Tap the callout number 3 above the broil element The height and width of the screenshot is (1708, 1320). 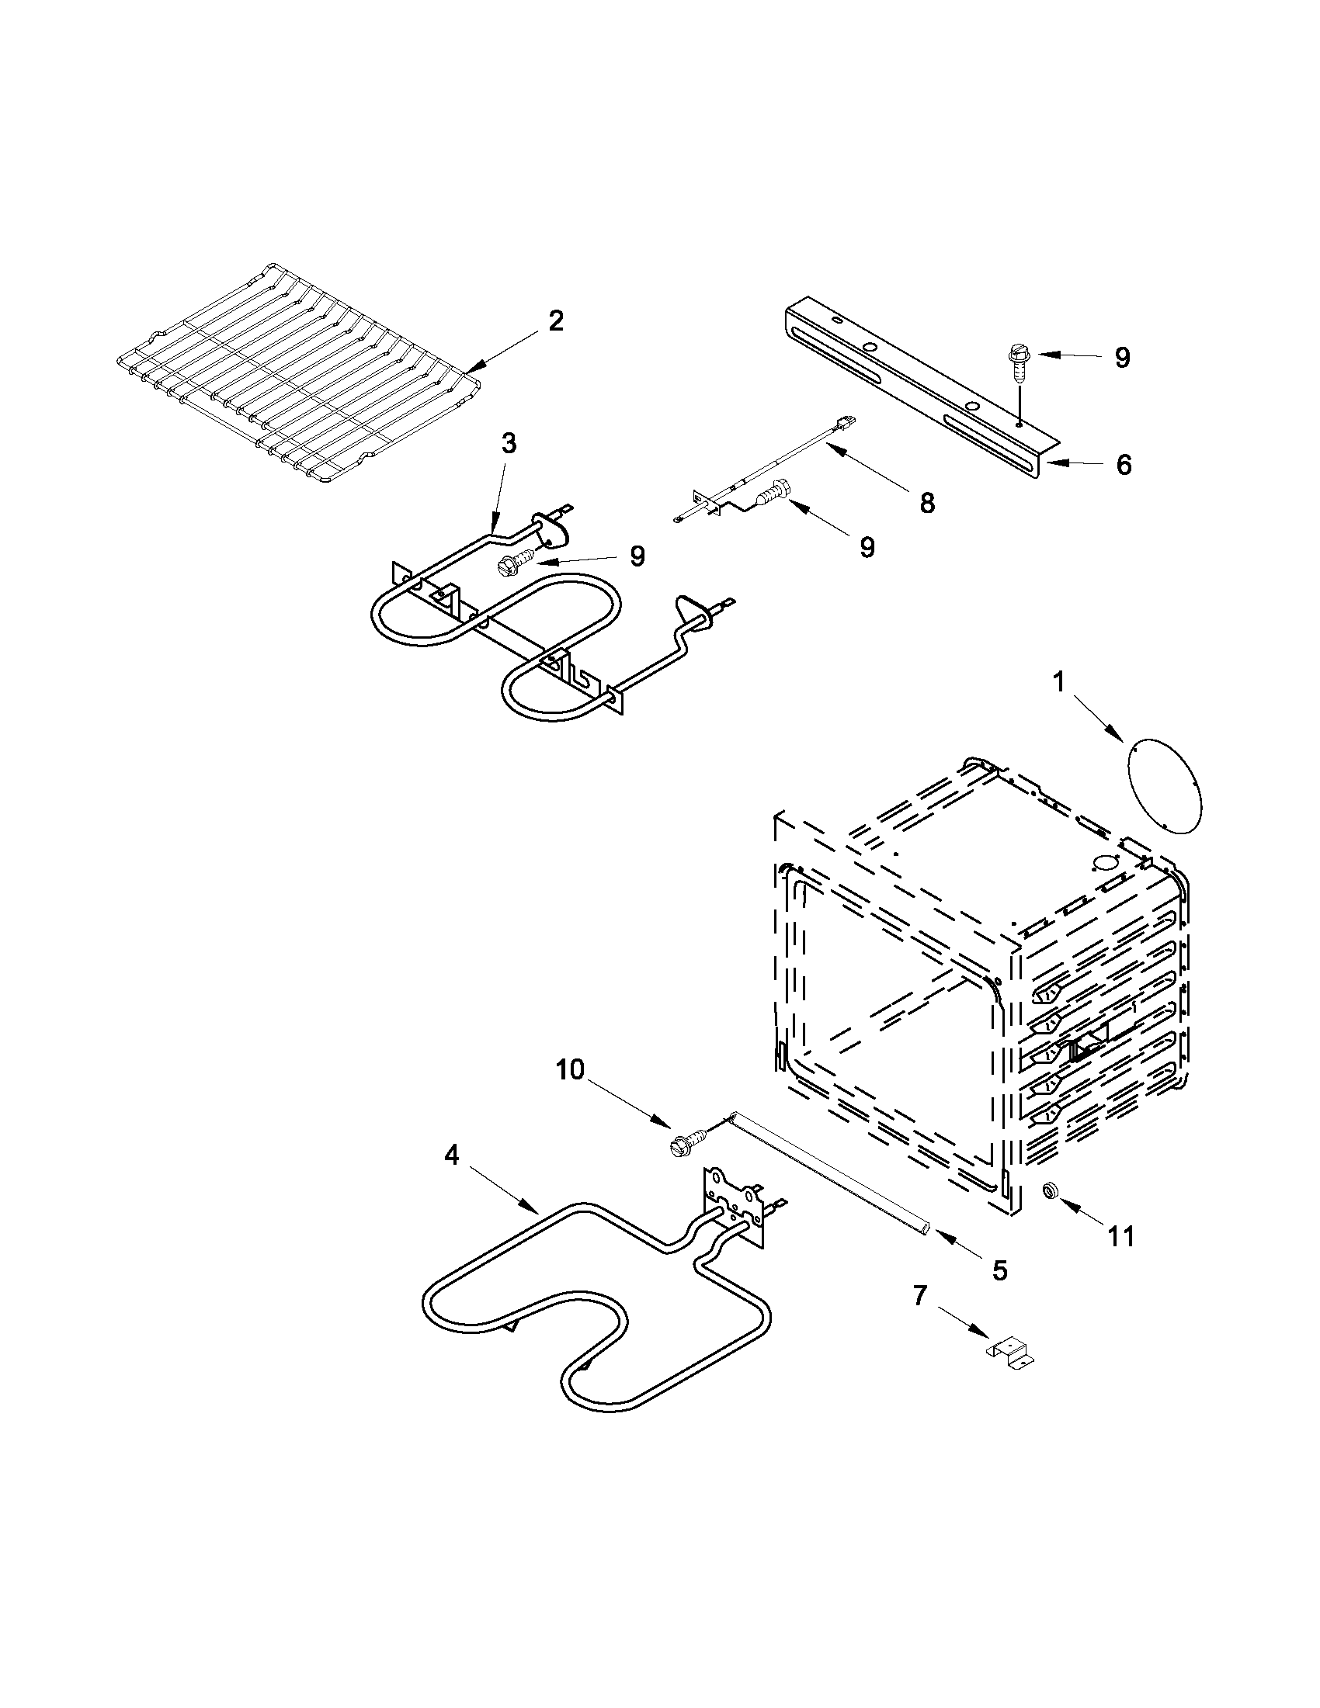coord(509,443)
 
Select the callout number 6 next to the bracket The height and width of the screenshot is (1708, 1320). coord(1124,465)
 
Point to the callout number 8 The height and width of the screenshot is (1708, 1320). coord(927,503)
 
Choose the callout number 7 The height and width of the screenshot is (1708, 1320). coord(919,1297)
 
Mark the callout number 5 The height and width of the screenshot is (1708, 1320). coord(1000,1270)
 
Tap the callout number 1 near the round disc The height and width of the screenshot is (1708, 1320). coord(1058,683)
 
